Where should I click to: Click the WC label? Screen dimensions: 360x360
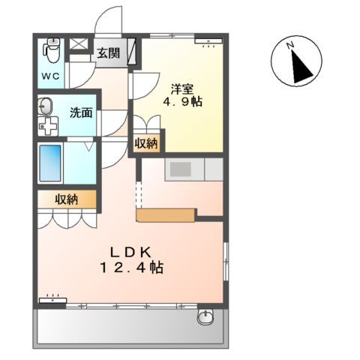point(52,76)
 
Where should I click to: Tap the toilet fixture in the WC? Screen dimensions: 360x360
point(52,50)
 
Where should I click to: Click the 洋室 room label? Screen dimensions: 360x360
point(182,86)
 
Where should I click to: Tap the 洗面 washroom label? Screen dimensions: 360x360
point(81,113)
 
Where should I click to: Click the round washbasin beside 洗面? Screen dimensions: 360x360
point(45,106)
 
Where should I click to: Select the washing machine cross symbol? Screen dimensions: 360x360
point(47,125)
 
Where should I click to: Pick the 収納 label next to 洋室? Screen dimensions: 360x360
point(146,143)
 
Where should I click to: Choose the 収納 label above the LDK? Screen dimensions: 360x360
point(66,199)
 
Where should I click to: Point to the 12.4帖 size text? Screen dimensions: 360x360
point(132,268)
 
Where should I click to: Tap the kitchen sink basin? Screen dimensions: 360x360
point(181,169)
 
